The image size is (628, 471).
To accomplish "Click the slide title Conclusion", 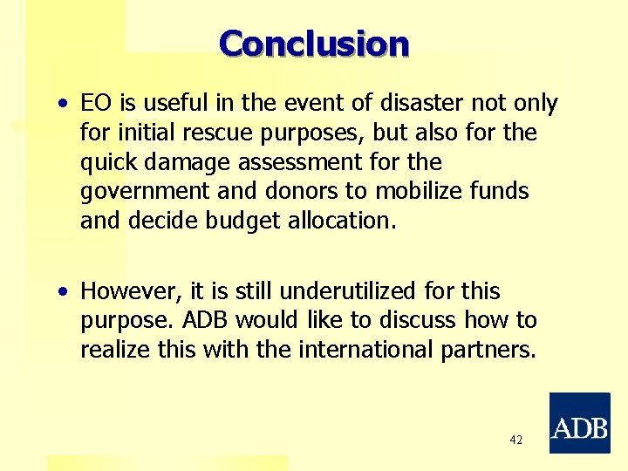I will coord(314,43).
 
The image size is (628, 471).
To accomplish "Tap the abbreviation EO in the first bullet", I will coord(94,104).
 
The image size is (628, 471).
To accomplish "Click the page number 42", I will coord(516,440).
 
